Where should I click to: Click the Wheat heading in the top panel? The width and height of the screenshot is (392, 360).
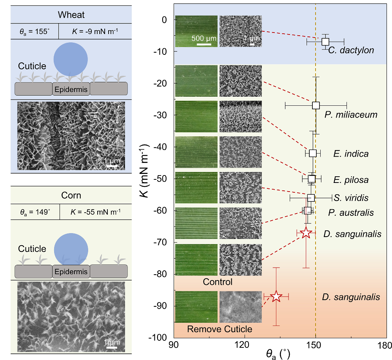(x=71, y=15)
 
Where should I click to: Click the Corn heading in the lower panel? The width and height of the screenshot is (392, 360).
(x=71, y=195)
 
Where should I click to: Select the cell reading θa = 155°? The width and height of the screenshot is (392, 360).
(x=35, y=31)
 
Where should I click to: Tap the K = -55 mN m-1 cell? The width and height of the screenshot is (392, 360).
(x=95, y=212)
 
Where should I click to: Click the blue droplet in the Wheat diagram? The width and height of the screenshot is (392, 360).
(x=71, y=58)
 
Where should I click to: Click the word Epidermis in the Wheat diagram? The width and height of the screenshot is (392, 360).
(x=71, y=90)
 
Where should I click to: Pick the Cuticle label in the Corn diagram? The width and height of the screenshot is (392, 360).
(x=32, y=249)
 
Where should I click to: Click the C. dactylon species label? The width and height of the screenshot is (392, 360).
(x=351, y=50)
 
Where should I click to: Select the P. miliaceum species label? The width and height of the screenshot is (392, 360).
(x=351, y=115)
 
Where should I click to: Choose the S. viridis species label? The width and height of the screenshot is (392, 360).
(x=351, y=197)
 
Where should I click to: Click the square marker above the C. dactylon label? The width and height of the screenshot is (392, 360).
(x=325, y=42)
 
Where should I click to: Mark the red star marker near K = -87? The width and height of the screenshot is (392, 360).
(x=276, y=296)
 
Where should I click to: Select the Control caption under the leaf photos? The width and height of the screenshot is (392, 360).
(x=218, y=282)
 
